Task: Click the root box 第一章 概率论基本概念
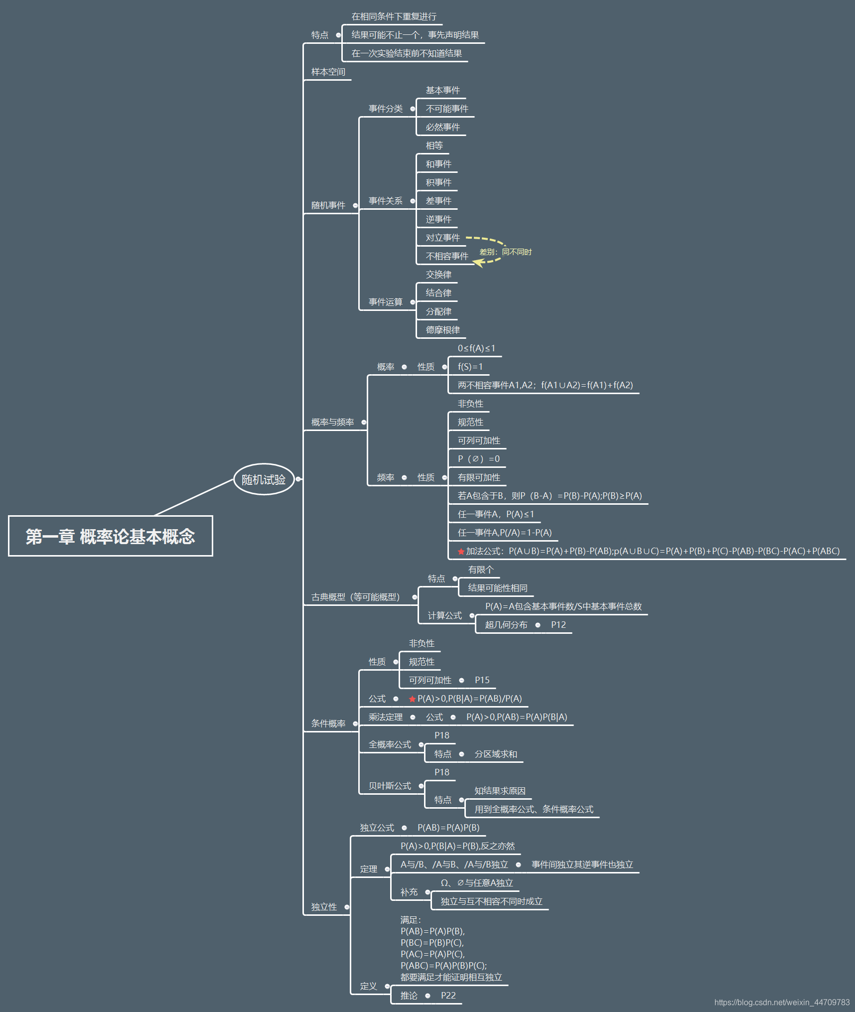pos(110,536)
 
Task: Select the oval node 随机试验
pos(264,479)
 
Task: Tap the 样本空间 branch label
pos(328,72)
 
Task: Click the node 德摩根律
pos(442,330)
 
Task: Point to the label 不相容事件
pos(446,256)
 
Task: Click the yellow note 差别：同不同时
pos(505,252)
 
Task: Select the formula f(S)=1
pos(470,367)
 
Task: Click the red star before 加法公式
pos(461,552)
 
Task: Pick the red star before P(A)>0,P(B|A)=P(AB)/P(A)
pos(412,699)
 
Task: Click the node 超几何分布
pos(506,625)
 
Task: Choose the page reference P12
pos(558,625)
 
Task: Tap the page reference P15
pos(482,680)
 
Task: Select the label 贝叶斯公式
pos(390,786)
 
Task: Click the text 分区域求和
pos(496,754)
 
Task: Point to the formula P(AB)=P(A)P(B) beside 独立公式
pos(448,828)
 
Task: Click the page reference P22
pos(448,996)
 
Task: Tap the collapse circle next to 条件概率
pos(355,723)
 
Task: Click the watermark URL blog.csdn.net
pos(782,1003)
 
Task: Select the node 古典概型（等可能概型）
pos(356,597)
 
